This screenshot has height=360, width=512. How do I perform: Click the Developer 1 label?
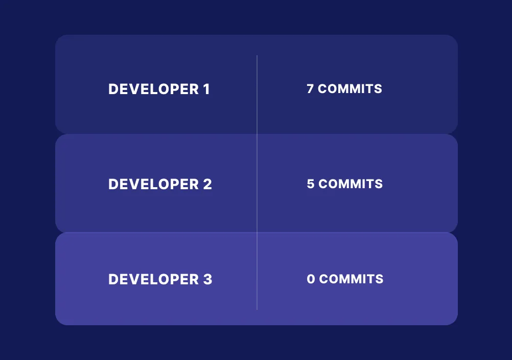159,89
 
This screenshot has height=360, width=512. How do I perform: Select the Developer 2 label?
160,184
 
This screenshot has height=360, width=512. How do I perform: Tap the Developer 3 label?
160,279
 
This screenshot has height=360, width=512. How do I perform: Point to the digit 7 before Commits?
310,89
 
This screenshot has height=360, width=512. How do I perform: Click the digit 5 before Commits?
311,184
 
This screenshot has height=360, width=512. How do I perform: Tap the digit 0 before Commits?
311,279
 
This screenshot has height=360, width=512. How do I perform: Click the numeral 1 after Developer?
206,89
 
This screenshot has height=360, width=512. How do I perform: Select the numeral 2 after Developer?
207,184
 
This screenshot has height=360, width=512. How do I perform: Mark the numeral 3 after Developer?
207,279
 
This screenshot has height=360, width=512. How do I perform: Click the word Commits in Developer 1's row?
350,89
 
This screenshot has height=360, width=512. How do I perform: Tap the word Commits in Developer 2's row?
351,184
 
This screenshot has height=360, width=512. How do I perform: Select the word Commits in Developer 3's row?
352,279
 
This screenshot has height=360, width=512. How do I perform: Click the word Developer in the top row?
153,89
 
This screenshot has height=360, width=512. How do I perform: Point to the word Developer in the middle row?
153,184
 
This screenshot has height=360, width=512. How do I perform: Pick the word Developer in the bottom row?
153,279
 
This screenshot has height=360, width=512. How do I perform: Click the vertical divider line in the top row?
257,95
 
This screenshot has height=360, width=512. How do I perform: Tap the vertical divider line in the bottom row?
257,271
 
